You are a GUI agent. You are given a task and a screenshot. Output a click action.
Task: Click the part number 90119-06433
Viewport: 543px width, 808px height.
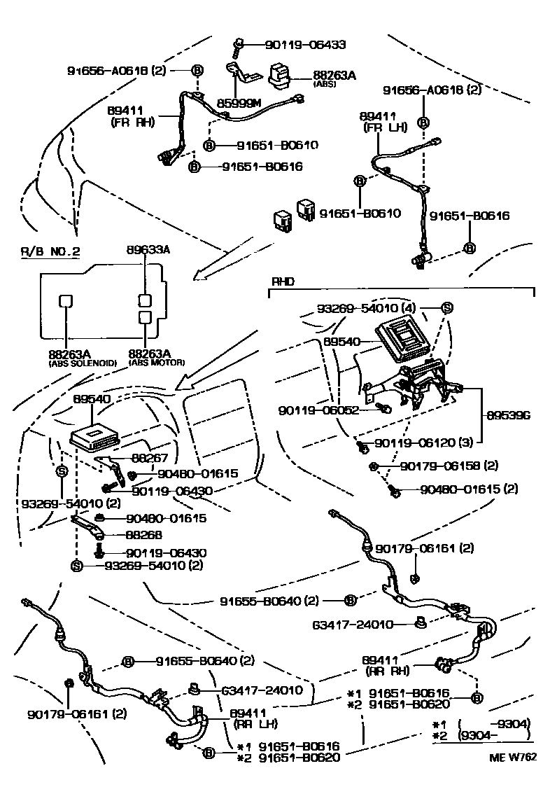click(x=305, y=44)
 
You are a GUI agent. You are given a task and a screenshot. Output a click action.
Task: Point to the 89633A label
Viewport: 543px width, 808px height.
click(x=148, y=250)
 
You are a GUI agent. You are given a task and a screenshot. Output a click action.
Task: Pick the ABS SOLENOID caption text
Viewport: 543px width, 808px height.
click(x=83, y=363)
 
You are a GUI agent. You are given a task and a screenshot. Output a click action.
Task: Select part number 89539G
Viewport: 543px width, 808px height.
click(x=509, y=415)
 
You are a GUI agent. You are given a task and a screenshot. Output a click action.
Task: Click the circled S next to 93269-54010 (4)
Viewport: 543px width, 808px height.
click(x=446, y=308)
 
